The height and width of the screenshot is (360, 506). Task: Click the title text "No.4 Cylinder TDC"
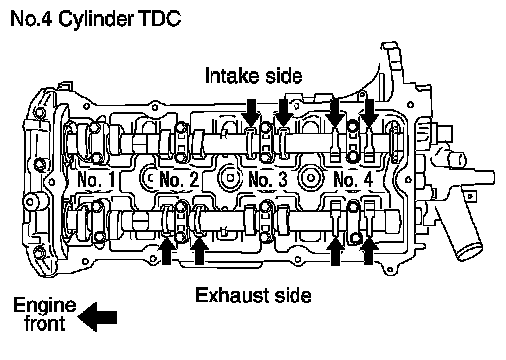click(96, 19)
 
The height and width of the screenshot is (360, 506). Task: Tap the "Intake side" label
click(253, 76)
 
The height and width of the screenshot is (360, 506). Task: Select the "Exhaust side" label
click(253, 295)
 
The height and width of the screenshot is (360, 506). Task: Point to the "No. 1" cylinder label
click(96, 180)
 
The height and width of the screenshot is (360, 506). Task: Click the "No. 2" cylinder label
click(179, 180)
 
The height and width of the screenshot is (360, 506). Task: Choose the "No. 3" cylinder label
click(268, 180)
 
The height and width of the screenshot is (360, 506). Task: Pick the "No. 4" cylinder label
click(353, 180)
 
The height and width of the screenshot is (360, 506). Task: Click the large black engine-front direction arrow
click(98, 316)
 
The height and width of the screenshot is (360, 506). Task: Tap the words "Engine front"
click(44, 314)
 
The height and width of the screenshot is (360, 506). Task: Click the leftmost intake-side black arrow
click(251, 112)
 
